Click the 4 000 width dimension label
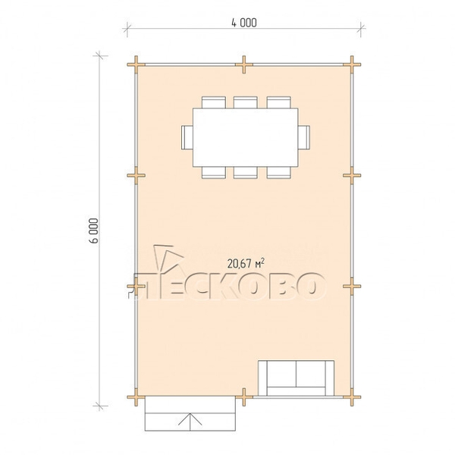coord(244,23)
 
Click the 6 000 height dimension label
coord(94,231)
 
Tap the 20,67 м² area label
coord(246,263)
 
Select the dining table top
coord(246,137)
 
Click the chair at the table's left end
coord(187,137)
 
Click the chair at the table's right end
coord(304,137)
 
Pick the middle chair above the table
coord(246,102)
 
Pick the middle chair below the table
coord(246,172)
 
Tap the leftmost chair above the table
coord(214,102)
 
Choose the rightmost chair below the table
coord(278,172)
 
